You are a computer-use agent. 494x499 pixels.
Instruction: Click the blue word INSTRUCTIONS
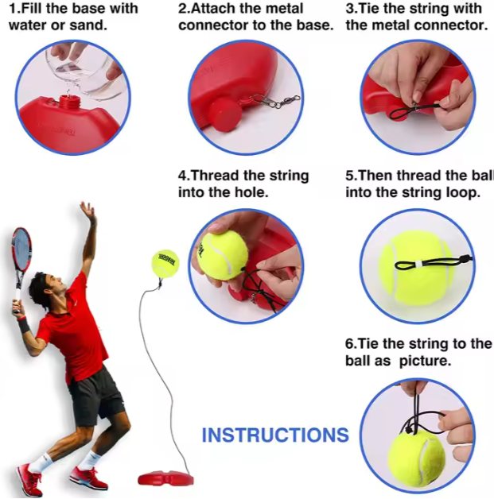[275, 435]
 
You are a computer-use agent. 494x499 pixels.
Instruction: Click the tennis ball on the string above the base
[165, 263]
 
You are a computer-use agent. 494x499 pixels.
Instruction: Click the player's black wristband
[23, 325]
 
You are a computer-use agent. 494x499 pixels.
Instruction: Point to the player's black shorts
[95, 395]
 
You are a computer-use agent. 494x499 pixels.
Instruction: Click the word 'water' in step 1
[29, 25]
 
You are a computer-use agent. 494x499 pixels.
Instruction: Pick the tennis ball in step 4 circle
[223, 255]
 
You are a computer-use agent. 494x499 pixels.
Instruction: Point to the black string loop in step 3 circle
[414, 112]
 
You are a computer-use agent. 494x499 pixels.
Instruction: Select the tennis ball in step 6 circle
[416, 458]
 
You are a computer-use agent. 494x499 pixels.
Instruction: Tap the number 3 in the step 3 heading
[351, 9]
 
